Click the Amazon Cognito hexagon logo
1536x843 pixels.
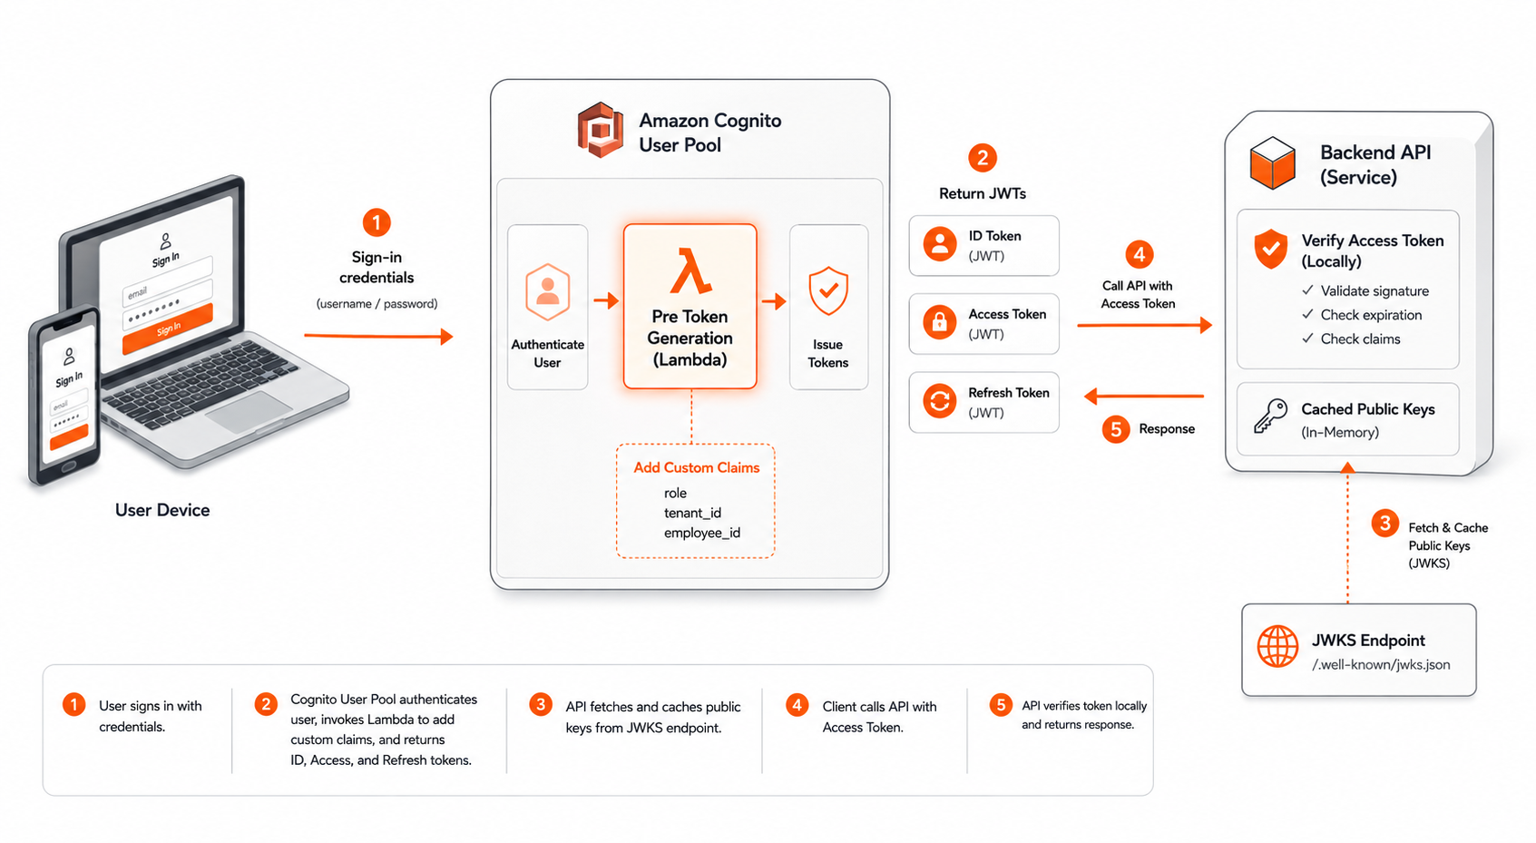(600, 130)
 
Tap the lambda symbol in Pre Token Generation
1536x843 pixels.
(690, 271)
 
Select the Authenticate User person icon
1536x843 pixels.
(547, 291)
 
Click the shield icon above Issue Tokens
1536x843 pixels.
(828, 291)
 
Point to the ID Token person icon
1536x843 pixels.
(939, 244)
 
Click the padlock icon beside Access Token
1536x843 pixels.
(939, 322)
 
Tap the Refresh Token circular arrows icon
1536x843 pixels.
(939, 400)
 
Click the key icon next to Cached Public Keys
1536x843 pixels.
(1271, 417)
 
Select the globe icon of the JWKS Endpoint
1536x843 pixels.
(1277, 646)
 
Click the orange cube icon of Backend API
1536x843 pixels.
(1273, 163)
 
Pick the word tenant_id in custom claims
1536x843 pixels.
(692, 513)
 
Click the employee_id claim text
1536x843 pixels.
(702, 533)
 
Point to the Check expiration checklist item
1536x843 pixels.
(1362, 315)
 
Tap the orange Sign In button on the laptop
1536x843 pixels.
(168, 328)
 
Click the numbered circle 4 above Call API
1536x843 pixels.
(1139, 254)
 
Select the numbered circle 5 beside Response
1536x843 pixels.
(1116, 429)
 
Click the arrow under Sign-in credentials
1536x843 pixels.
(378, 336)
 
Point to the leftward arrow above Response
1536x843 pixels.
(1144, 396)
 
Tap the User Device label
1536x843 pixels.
(162, 510)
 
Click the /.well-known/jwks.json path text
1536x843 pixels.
(1381, 664)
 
